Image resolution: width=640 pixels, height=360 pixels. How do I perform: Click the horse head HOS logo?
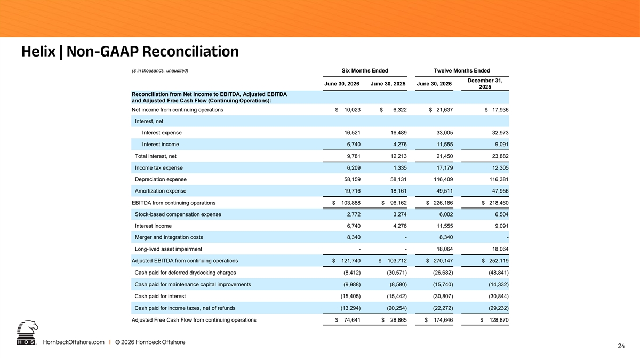(x=27, y=333)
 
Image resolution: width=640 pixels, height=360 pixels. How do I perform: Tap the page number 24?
(x=621, y=346)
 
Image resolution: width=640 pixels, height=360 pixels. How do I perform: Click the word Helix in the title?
(x=38, y=51)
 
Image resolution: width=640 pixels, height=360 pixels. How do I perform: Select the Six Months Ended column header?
(x=365, y=70)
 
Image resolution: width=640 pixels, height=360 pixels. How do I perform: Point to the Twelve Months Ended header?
(x=462, y=70)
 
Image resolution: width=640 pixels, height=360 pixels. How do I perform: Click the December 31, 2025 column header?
(x=485, y=84)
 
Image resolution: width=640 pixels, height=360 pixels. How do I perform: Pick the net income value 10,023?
(x=353, y=110)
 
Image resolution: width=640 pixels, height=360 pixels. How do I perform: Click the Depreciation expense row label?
(x=161, y=179)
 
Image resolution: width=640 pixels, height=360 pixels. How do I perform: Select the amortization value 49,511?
(x=445, y=191)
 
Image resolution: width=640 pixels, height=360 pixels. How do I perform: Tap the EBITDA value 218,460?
(x=499, y=203)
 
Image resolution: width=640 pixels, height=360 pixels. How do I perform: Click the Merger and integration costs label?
(x=169, y=237)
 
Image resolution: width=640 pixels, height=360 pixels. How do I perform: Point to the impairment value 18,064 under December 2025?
(x=500, y=249)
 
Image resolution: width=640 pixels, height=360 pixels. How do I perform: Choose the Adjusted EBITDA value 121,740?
(x=351, y=261)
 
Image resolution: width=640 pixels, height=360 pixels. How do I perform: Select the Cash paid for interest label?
(x=160, y=297)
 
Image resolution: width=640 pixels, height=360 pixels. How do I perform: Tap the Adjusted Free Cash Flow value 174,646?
(x=443, y=320)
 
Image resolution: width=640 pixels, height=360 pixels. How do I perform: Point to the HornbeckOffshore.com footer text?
(x=74, y=342)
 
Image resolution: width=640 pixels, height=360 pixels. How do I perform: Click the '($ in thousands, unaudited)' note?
(x=159, y=70)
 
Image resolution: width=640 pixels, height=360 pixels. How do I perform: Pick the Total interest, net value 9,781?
(x=354, y=156)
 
